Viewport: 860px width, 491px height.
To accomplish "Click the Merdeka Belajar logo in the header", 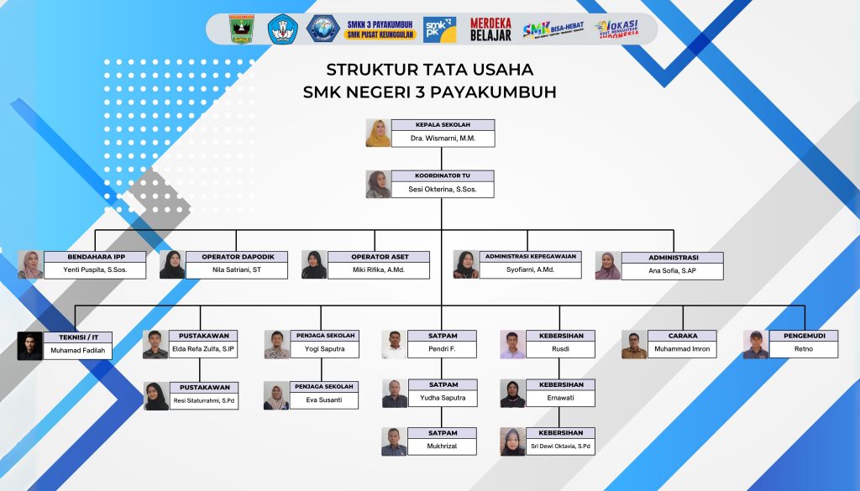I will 490,29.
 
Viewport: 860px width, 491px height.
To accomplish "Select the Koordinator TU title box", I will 443,175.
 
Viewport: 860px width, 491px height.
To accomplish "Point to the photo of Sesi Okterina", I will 378,185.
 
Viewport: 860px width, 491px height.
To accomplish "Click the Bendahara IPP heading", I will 95,257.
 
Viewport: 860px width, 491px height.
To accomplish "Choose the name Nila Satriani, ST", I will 237,270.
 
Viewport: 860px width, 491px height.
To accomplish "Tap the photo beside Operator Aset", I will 314,264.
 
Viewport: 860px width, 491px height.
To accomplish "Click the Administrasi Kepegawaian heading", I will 531,256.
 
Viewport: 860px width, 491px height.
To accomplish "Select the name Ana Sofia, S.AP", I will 673,270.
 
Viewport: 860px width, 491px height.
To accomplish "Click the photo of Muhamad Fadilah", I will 29,346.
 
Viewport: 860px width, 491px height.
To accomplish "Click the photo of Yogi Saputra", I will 277,345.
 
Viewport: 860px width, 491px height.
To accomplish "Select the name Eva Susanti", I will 324,400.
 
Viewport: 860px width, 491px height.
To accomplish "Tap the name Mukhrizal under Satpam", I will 442,446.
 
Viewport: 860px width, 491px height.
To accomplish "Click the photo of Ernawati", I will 512,394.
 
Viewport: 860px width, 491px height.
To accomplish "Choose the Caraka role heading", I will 683,336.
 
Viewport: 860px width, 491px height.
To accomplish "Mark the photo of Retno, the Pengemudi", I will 756,345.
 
